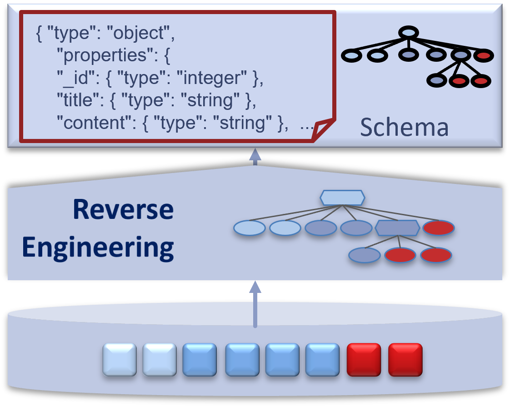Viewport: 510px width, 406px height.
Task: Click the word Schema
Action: [404, 128]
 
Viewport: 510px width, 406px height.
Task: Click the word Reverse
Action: [123, 210]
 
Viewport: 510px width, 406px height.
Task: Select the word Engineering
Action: [98, 248]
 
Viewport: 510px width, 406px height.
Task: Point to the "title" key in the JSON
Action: [75, 100]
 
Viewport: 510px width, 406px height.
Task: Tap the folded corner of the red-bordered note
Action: [323, 130]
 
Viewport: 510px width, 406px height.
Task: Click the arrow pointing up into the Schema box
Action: [255, 156]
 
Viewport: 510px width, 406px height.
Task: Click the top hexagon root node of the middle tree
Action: [342, 198]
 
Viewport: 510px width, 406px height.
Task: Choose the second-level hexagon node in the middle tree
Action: [397, 228]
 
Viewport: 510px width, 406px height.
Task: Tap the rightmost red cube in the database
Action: [405, 359]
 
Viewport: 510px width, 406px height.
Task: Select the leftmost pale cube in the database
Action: [120, 359]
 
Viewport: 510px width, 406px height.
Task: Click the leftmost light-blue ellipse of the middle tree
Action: [250, 228]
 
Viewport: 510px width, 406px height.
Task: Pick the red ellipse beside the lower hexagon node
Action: [439, 228]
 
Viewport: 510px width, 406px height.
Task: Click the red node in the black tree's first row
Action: [484, 56]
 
